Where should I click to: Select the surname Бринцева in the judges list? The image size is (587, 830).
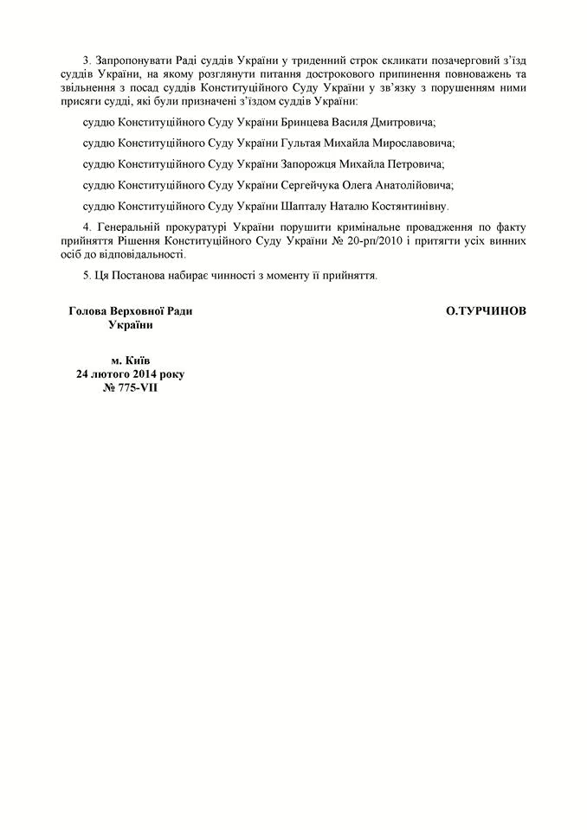click(307, 123)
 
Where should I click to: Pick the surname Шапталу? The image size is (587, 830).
click(306, 206)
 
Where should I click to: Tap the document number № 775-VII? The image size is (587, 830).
click(130, 387)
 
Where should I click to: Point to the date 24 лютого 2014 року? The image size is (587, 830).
click(130, 374)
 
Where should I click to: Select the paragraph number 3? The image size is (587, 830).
click(86, 60)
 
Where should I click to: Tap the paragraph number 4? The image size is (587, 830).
click(86, 227)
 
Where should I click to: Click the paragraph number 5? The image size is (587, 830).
click(86, 277)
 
